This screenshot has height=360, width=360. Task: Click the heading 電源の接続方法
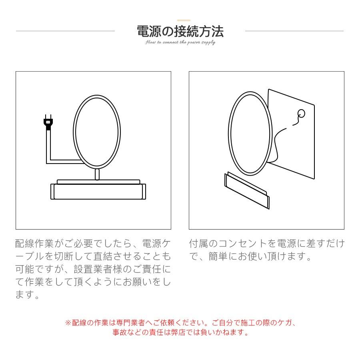(180, 31)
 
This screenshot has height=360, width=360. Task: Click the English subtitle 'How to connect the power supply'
(180, 42)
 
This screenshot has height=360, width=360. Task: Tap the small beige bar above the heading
(184, 20)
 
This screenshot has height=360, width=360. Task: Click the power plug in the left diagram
(48, 122)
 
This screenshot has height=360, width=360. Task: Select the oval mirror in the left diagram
(97, 131)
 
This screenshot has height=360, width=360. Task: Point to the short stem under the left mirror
(97, 174)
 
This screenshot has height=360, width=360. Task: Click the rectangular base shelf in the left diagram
(98, 191)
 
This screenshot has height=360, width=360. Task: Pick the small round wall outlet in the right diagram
(302, 114)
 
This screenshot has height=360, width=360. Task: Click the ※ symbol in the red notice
(68, 323)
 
